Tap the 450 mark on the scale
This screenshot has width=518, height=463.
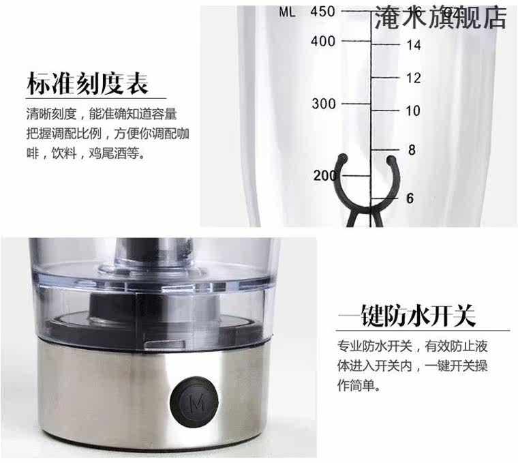pos(323,12)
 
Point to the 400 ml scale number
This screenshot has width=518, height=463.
pos(323,42)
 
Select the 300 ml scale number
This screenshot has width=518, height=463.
pos(324,104)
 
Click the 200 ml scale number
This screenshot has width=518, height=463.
pos(326,175)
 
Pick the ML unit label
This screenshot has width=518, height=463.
pos(287,12)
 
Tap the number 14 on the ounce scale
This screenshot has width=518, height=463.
pos(414,45)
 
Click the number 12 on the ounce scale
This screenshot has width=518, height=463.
pos(414,78)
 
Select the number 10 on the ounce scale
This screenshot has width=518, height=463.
pos(413,110)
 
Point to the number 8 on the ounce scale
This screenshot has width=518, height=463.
pos(412,150)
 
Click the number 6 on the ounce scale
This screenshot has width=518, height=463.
pos(410,198)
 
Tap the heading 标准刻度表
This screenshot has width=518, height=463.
pos(87,83)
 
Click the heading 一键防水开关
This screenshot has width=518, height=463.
pos(407,315)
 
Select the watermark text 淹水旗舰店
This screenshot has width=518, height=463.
pos(440,18)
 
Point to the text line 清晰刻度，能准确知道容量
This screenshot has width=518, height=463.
pos(102,114)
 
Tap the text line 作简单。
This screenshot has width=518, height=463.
pos(359,385)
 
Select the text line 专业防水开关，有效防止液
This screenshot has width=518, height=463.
pos(412,346)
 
